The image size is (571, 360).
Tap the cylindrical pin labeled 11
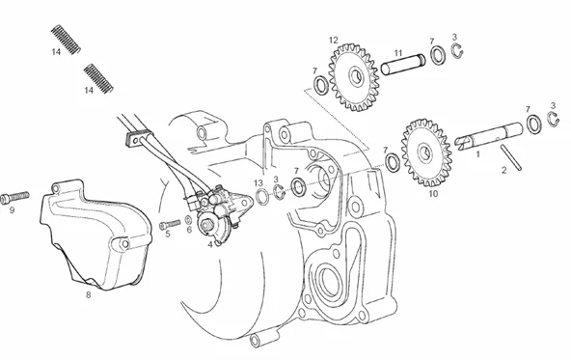(403, 65)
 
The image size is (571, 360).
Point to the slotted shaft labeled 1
(489, 136)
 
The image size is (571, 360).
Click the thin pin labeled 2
(511, 157)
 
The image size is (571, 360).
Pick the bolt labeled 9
(14, 198)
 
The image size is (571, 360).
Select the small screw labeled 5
(170, 225)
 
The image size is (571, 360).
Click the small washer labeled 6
(189, 220)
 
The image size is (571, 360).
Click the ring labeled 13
(261, 197)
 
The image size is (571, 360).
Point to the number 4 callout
(210, 244)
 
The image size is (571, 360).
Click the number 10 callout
(433, 194)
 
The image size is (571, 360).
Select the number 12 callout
(333, 41)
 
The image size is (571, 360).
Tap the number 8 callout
(88, 295)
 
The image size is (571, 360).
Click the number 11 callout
(398, 53)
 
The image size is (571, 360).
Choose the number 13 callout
(258, 183)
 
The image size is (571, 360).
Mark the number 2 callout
(504, 170)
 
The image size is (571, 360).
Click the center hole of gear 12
(357, 76)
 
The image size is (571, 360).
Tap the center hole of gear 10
(426, 152)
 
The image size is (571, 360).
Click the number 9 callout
(12, 210)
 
